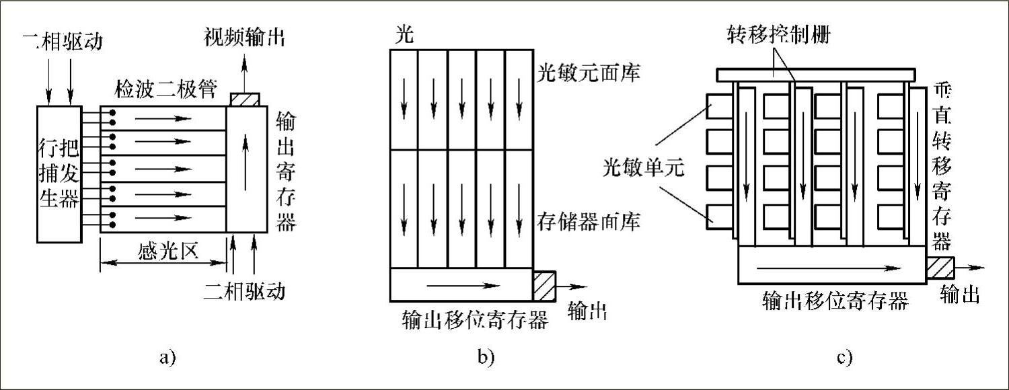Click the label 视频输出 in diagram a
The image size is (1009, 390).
[x=244, y=38]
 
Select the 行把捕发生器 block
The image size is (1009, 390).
[x=59, y=173]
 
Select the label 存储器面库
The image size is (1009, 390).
[x=587, y=220]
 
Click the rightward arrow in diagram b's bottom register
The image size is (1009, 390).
[x=464, y=285]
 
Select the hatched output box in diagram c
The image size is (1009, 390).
[x=940, y=268]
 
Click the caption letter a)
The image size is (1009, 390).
[x=167, y=357]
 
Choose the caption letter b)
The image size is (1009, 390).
[x=486, y=357]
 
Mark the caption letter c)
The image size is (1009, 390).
[x=845, y=357]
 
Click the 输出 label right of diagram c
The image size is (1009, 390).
[x=959, y=295]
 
